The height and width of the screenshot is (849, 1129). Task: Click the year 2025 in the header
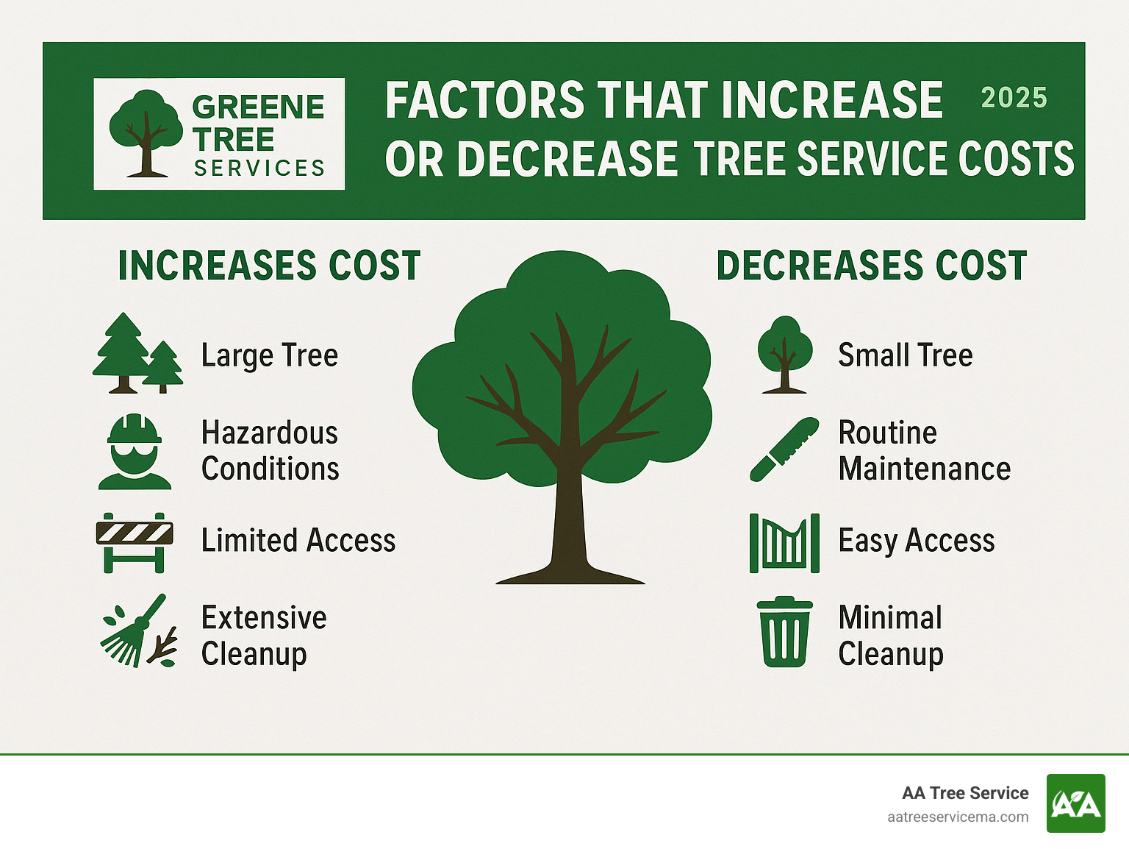[1014, 98]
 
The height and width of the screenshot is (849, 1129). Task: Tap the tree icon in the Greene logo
[146, 133]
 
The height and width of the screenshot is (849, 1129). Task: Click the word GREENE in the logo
[258, 107]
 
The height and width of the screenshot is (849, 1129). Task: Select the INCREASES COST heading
[269, 266]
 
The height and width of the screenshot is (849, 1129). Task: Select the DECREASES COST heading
[872, 266]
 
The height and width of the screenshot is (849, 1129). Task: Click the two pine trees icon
[137, 354]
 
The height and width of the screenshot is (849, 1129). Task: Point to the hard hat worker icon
[135, 452]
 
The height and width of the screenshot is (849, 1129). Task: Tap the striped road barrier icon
[135, 542]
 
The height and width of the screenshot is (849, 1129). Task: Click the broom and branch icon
[139, 631]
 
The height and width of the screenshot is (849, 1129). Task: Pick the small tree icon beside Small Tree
[785, 354]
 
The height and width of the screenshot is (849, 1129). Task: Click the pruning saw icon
[784, 450]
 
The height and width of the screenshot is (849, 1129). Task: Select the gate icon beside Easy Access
[784, 543]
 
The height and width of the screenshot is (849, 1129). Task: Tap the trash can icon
[784, 632]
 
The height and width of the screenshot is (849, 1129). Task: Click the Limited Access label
[298, 541]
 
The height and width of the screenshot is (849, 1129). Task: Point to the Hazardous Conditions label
[270, 450]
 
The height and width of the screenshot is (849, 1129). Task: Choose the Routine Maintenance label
[924, 450]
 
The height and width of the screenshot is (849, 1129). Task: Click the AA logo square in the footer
[1075, 803]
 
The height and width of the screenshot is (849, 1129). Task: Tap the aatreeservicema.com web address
[958, 817]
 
